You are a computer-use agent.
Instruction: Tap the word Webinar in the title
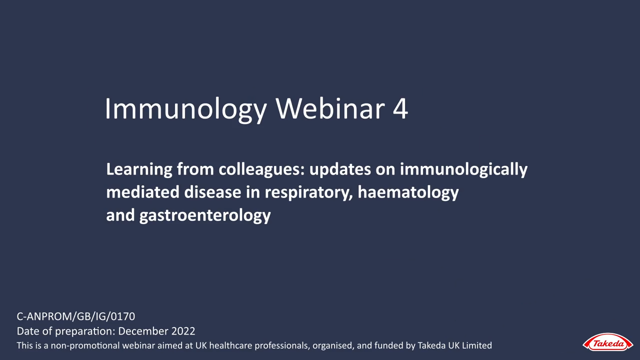click(x=330, y=108)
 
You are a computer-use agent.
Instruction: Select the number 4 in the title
click(x=400, y=108)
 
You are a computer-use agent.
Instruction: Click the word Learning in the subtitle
click(x=139, y=169)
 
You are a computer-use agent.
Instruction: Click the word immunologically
click(x=463, y=169)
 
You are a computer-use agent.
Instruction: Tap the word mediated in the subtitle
click(x=142, y=192)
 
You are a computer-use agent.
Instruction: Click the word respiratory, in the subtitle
click(x=309, y=193)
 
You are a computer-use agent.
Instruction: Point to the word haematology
click(x=408, y=193)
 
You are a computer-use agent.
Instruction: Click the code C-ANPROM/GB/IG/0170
click(x=75, y=316)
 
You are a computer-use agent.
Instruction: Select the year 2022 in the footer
click(x=183, y=331)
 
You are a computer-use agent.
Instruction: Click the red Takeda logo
click(x=607, y=342)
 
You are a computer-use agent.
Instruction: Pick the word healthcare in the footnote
click(x=230, y=345)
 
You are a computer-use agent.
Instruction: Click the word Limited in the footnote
click(x=477, y=345)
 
